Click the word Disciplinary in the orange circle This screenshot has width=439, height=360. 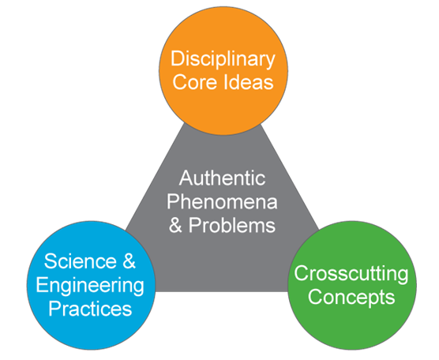pyautogui.click(x=223, y=60)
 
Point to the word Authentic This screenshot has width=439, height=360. pyautogui.click(x=223, y=178)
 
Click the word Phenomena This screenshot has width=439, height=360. pyautogui.click(x=222, y=201)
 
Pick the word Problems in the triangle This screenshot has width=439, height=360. pyautogui.click(x=232, y=225)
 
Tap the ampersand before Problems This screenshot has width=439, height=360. pyautogui.click(x=175, y=225)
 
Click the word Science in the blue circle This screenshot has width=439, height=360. pyautogui.click(x=81, y=261)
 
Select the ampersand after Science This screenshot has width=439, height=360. pyautogui.click(x=129, y=261)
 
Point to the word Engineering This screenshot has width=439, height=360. pyautogui.click(x=90, y=286)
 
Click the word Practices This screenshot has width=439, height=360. pyautogui.click(x=90, y=309)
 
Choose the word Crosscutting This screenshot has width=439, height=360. pyautogui.click(x=351, y=274)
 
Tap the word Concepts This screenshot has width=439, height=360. pyautogui.click(x=351, y=298)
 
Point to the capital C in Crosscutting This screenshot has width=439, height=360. pyautogui.click(x=301, y=273)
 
